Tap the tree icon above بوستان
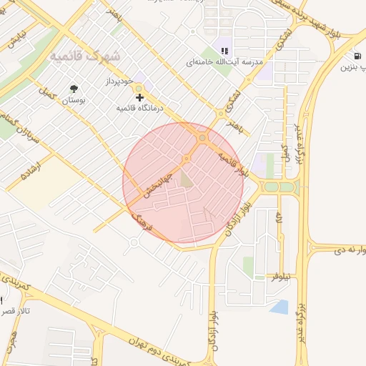(74, 89)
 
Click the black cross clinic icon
(139, 97)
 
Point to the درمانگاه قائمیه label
(140, 107)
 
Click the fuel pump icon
(357, 56)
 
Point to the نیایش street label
(16, 39)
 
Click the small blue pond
(280, 307)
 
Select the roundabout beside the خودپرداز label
(139, 89)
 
